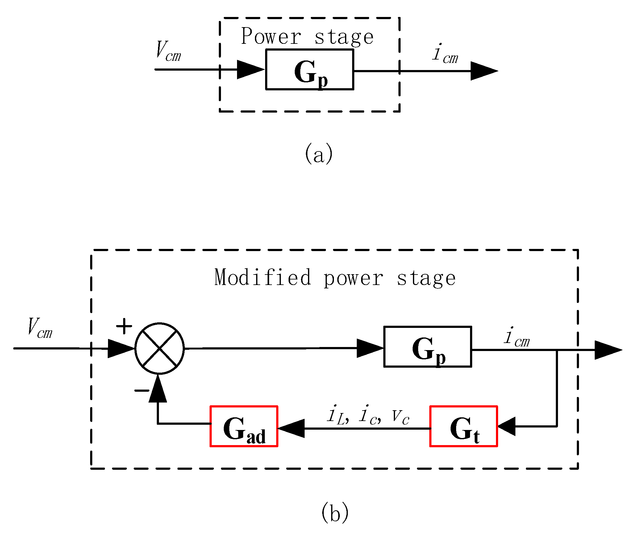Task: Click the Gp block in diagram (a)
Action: click(310, 70)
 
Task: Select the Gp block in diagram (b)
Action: click(427, 347)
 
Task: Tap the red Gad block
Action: click(244, 426)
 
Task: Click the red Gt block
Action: click(464, 426)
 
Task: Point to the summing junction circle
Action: click(160, 349)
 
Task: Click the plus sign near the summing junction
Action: click(124, 326)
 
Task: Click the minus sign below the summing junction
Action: click(142, 391)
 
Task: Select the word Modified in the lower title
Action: click(263, 277)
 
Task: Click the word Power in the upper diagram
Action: click(271, 36)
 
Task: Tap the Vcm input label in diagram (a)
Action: click(168, 52)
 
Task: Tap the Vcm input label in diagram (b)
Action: click(40, 328)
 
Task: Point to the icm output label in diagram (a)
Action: click(445, 54)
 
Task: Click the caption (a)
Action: click(319, 153)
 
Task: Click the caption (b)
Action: click(335, 512)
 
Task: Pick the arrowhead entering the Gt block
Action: click(506, 426)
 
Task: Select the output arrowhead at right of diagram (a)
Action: click(483, 71)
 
